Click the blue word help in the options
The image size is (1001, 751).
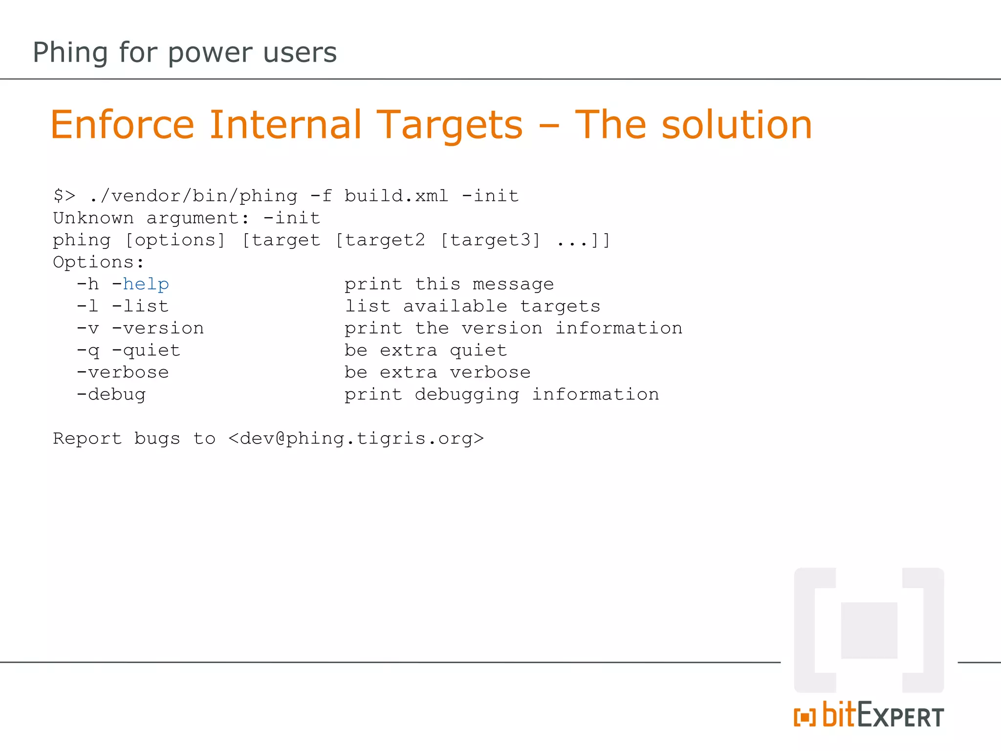(x=146, y=285)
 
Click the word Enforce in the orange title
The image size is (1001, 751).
(x=122, y=125)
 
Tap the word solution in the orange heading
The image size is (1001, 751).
(x=737, y=125)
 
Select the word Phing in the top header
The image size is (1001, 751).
(x=70, y=53)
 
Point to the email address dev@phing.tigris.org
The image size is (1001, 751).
(x=356, y=439)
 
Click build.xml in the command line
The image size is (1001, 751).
(x=396, y=196)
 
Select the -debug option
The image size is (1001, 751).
(x=111, y=395)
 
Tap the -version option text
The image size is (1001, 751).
(x=157, y=329)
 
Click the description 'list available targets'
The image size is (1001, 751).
(x=472, y=307)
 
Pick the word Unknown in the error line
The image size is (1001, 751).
(x=93, y=218)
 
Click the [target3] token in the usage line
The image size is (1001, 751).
(x=490, y=240)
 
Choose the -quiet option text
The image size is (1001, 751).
(x=146, y=351)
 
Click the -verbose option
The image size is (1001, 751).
(x=122, y=373)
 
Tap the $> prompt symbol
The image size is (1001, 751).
(x=64, y=196)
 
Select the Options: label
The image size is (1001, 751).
(x=98, y=263)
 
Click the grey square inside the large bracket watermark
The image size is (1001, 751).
(x=869, y=630)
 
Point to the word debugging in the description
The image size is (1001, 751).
(x=467, y=395)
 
